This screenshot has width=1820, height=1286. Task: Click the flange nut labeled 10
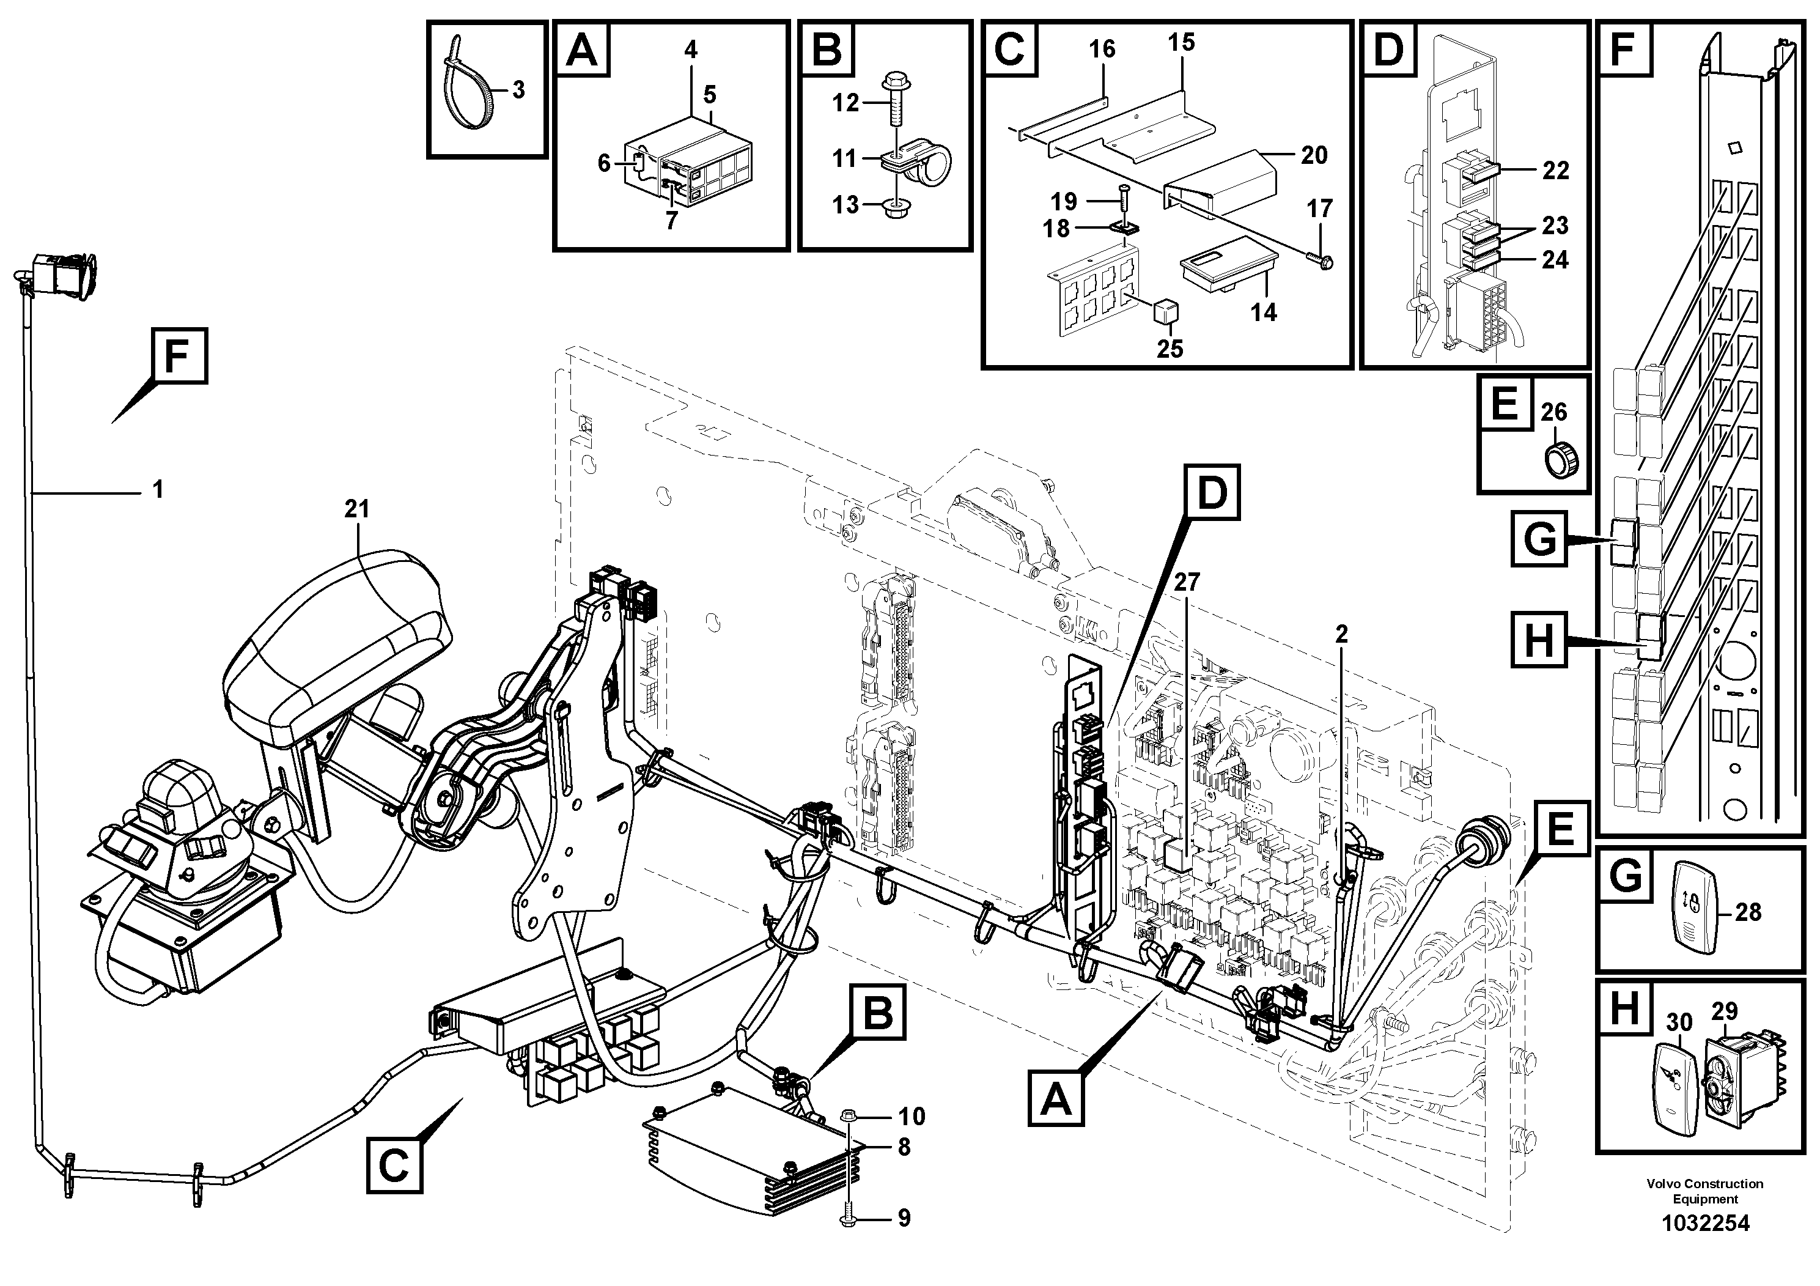[x=847, y=1115]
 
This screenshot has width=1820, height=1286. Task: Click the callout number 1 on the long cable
[x=158, y=489]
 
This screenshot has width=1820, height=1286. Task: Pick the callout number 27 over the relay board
[x=1187, y=583]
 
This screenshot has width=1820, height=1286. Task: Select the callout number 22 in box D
[x=1555, y=171]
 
